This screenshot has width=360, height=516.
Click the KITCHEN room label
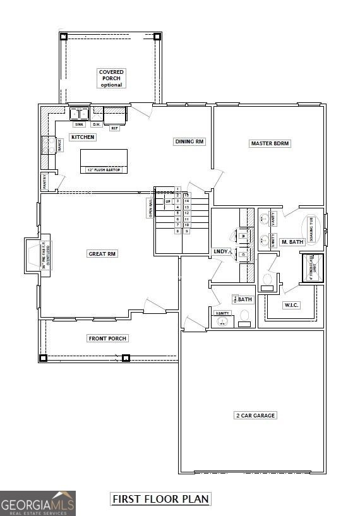coord(83,137)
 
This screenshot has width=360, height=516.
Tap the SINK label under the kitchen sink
coord(79,124)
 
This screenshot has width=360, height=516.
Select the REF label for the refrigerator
coord(114,128)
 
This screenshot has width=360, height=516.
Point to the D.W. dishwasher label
coord(97,124)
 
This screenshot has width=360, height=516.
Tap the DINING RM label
coord(189,142)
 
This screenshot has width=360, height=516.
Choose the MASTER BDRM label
coord(270,143)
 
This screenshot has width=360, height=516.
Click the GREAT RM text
coord(103,254)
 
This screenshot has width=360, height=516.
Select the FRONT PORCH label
coord(107,339)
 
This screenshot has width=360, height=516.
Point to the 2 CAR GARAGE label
coord(256,416)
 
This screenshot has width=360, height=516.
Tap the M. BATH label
coord(292,242)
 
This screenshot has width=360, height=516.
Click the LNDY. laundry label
coord(221,251)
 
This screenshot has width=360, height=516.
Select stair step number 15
coord(187,195)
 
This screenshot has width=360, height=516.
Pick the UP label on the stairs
coord(168,201)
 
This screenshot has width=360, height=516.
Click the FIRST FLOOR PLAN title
coord(160,499)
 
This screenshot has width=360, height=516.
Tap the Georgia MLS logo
coord(38,503)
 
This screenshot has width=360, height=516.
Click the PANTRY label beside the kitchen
coord(44,181)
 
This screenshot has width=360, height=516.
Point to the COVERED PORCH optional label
coord(111,78)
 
